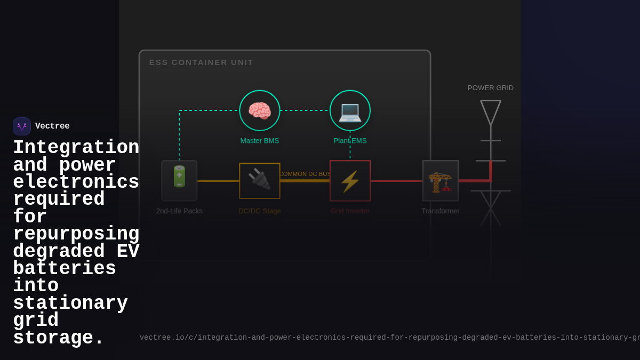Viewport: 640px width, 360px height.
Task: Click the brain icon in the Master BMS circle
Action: tap(260, 111)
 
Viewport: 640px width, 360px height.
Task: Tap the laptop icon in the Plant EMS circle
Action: tap(350, 111)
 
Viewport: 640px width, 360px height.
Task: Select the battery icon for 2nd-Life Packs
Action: tap(179, 177)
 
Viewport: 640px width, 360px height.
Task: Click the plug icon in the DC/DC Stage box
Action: tap(260, 179)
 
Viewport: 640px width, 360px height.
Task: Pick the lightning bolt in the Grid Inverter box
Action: tap(350, 181)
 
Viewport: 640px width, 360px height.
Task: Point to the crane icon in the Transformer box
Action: tap(441, 182)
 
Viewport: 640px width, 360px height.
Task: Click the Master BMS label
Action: tap(260, 141)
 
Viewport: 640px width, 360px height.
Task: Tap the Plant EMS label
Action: tap(350, 141)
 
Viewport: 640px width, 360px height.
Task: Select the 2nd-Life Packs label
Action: tap(179, 211)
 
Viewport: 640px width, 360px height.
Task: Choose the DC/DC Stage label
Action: tap(260, 211)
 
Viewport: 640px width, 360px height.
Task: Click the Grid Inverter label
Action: tap(350, 211)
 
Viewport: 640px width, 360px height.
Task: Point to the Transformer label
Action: tap(441, 211)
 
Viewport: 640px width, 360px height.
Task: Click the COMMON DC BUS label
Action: tap(305, 174)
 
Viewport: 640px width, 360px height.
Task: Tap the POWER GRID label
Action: tap(491, 88)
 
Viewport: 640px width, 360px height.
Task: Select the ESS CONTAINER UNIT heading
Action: tap(201, 62)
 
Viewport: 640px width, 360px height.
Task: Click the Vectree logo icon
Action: tap(22, 126)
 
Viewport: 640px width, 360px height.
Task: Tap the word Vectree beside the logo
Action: tap(52, 126)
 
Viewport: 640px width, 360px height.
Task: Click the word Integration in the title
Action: tap(76, 148)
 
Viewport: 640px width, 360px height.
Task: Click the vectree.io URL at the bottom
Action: tap(389, 338)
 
